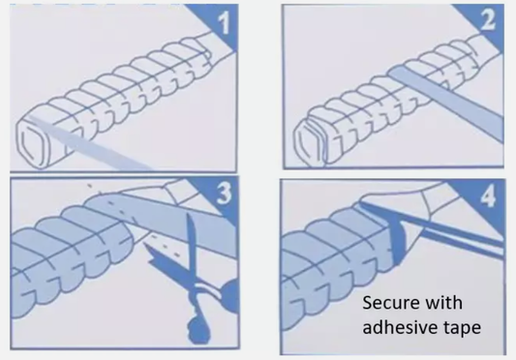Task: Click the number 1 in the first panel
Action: coord(224,23)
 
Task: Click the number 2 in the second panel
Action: coord(488,19)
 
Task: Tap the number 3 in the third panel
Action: coord(224,193)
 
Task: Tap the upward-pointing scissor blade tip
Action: coord(190,215)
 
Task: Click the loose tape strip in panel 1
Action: coord(89,143)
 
